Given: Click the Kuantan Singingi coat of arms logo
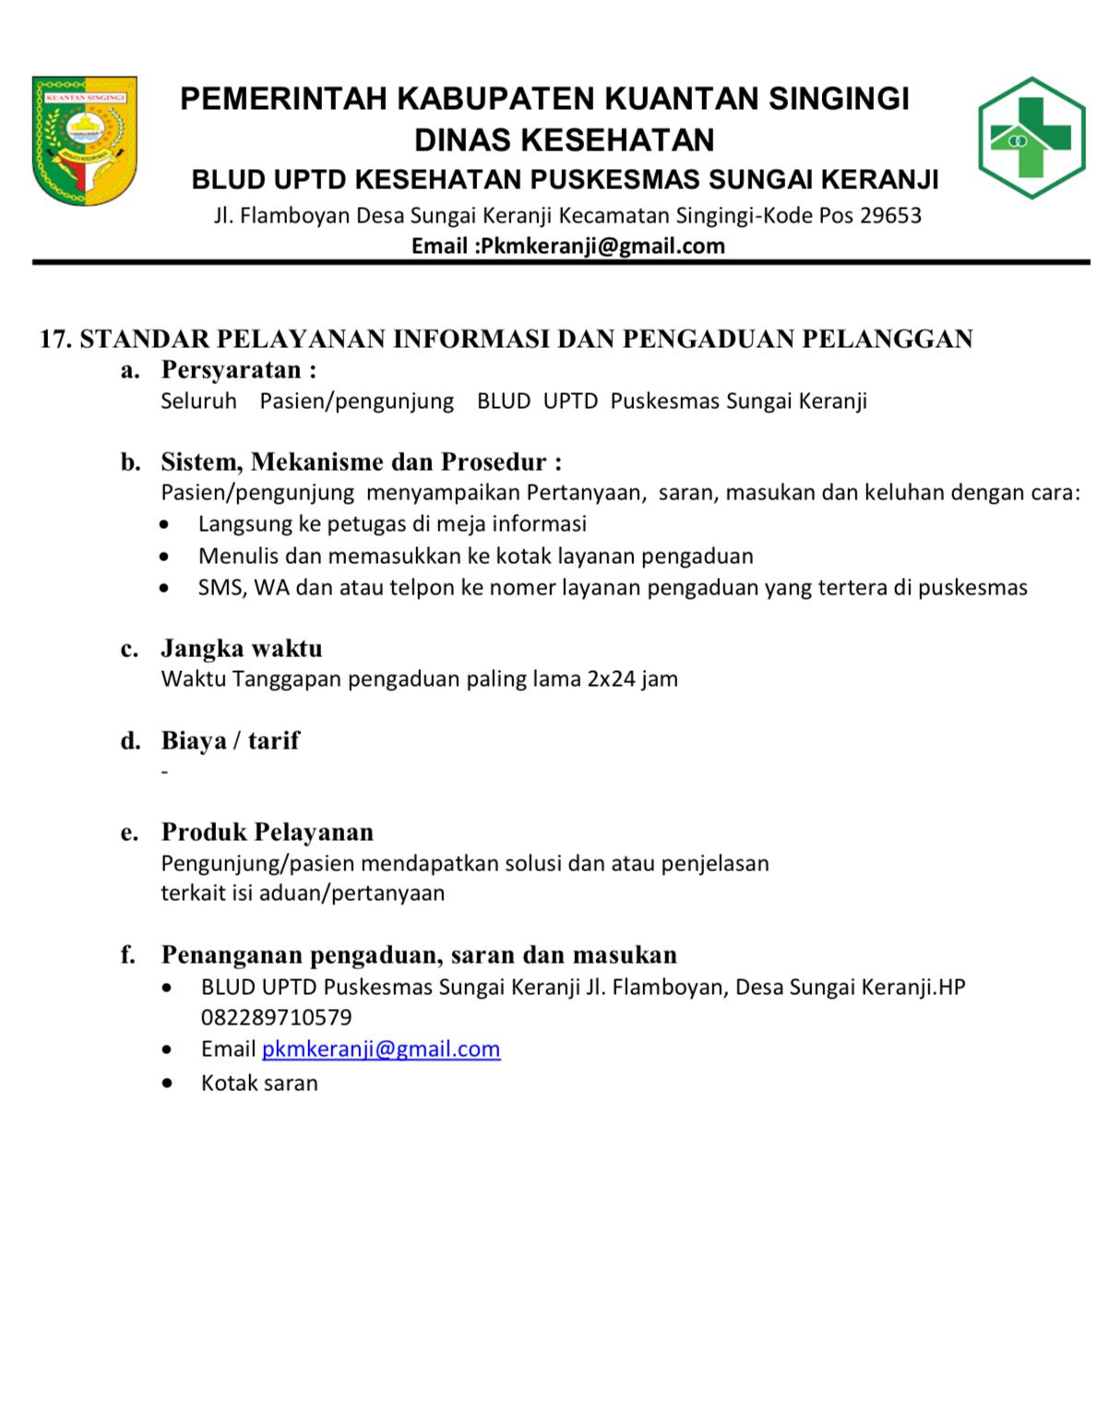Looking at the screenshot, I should pyautogui.click(x=84, y=139).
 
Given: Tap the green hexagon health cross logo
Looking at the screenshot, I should pyautogui.click(x=1031, y=138).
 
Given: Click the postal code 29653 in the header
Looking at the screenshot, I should pyautogui.click(x=890, y=216).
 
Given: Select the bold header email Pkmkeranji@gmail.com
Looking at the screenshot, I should pyautogui.click(x=603, y=246).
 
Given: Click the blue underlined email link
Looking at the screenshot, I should pyautogui.click(x=381, y=1049).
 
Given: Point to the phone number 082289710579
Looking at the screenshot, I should pyautogui.click(x=276, y=1018).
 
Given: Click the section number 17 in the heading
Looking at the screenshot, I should pyautogui.click(x=54, y=340).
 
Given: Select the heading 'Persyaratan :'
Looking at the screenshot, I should pyautogui.click(x=239, y=370).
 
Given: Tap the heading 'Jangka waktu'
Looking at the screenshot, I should pyautogui.click(x=242, y=648).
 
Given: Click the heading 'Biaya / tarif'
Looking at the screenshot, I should pyautogui.click(x=230, y=740).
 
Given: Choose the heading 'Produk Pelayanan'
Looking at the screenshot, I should pyautogui.click(x=268, y=833).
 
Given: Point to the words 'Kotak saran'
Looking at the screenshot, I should pyautogui.click(x=259, y=1084).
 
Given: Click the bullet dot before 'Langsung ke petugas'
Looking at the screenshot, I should pyautogui.click(x=164, y=525).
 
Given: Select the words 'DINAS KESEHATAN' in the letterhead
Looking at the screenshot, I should pyautogui.click(x=564, y=140).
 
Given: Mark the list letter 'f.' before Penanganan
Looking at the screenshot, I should pyautogui.click(x=128, y=954).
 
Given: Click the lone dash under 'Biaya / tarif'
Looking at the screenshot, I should pyautogui.click(x=164, y=772).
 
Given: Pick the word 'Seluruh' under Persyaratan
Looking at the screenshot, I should pyautogui.click(x=198, y=401).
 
